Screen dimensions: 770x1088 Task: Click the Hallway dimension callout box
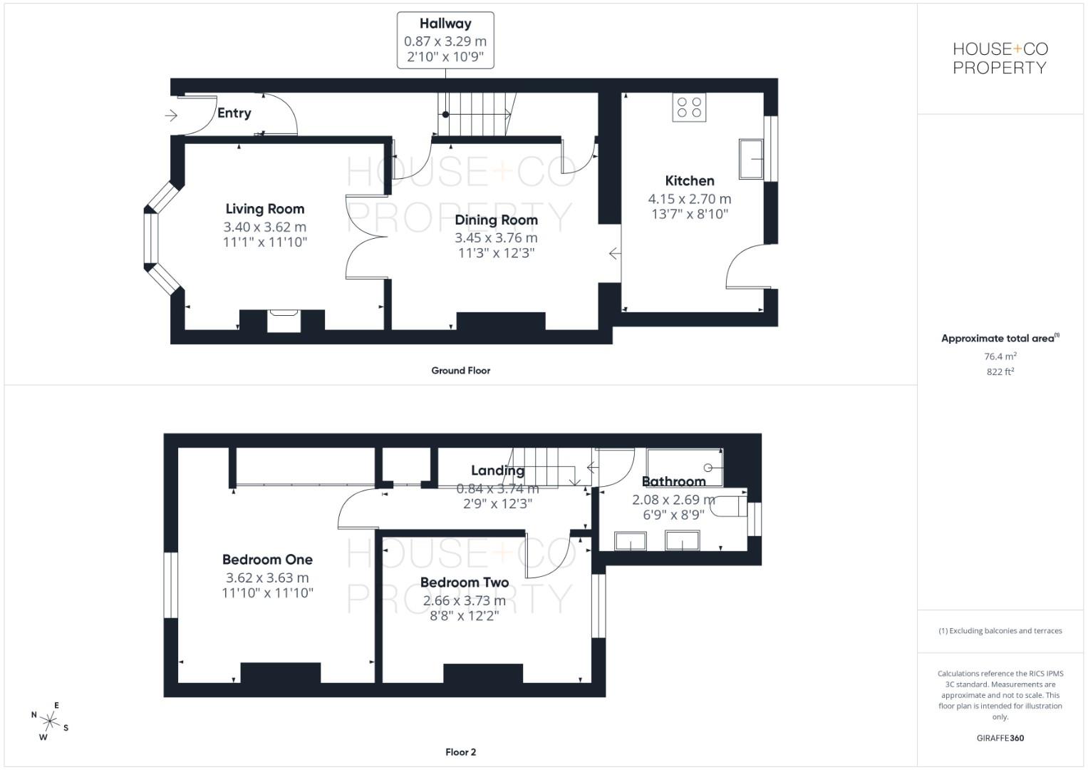pos(445,41)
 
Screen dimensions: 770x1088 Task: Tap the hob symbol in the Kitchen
pos(689,108)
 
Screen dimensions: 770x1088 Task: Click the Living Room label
pos(264,209)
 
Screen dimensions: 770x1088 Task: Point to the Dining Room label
pos(496,220)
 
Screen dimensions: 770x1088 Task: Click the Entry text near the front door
pos(234,113)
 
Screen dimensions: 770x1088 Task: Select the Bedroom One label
pos(267,560)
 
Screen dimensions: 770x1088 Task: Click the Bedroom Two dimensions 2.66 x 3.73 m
pos(465,600)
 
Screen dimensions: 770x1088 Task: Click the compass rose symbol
pos(49,723)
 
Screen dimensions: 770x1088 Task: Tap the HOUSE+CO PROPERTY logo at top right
pos(1000,58)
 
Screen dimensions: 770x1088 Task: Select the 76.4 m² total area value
pos(1000,356)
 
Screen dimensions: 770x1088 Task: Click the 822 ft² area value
pos(1000,371)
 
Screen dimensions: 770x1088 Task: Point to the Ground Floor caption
pos(460,371)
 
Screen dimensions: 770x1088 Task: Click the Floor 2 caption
pos(460,752)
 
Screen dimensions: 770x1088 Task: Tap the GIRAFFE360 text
pos(1000,738)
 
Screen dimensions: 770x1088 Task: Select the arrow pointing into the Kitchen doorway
pos(614,253)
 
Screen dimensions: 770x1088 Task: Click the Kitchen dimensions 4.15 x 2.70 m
pos(689,199)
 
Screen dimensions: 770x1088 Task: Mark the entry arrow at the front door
pos(171,115)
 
